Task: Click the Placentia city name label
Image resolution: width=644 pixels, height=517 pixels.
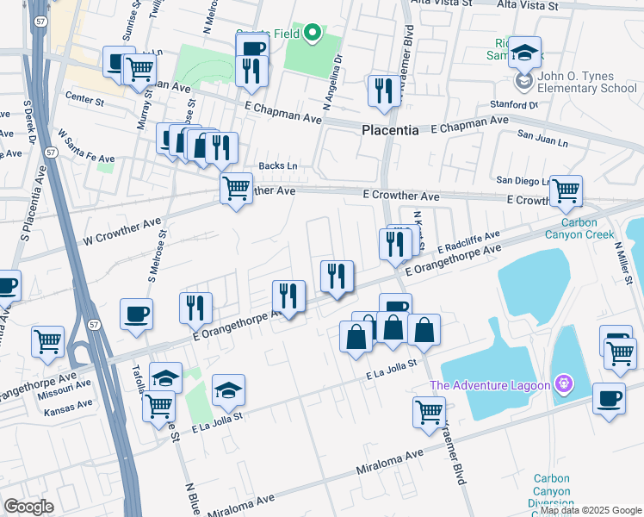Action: pos(389,131)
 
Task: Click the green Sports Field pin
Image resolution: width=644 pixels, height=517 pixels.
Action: pos(313,34)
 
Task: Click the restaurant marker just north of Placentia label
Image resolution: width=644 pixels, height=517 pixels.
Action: pos(382,90)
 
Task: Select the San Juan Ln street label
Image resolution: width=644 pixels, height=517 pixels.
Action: pos(542,136)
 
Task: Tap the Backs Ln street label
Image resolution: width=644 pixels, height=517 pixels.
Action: pos(278,165)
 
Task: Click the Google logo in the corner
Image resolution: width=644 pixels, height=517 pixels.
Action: pos(29,507)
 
